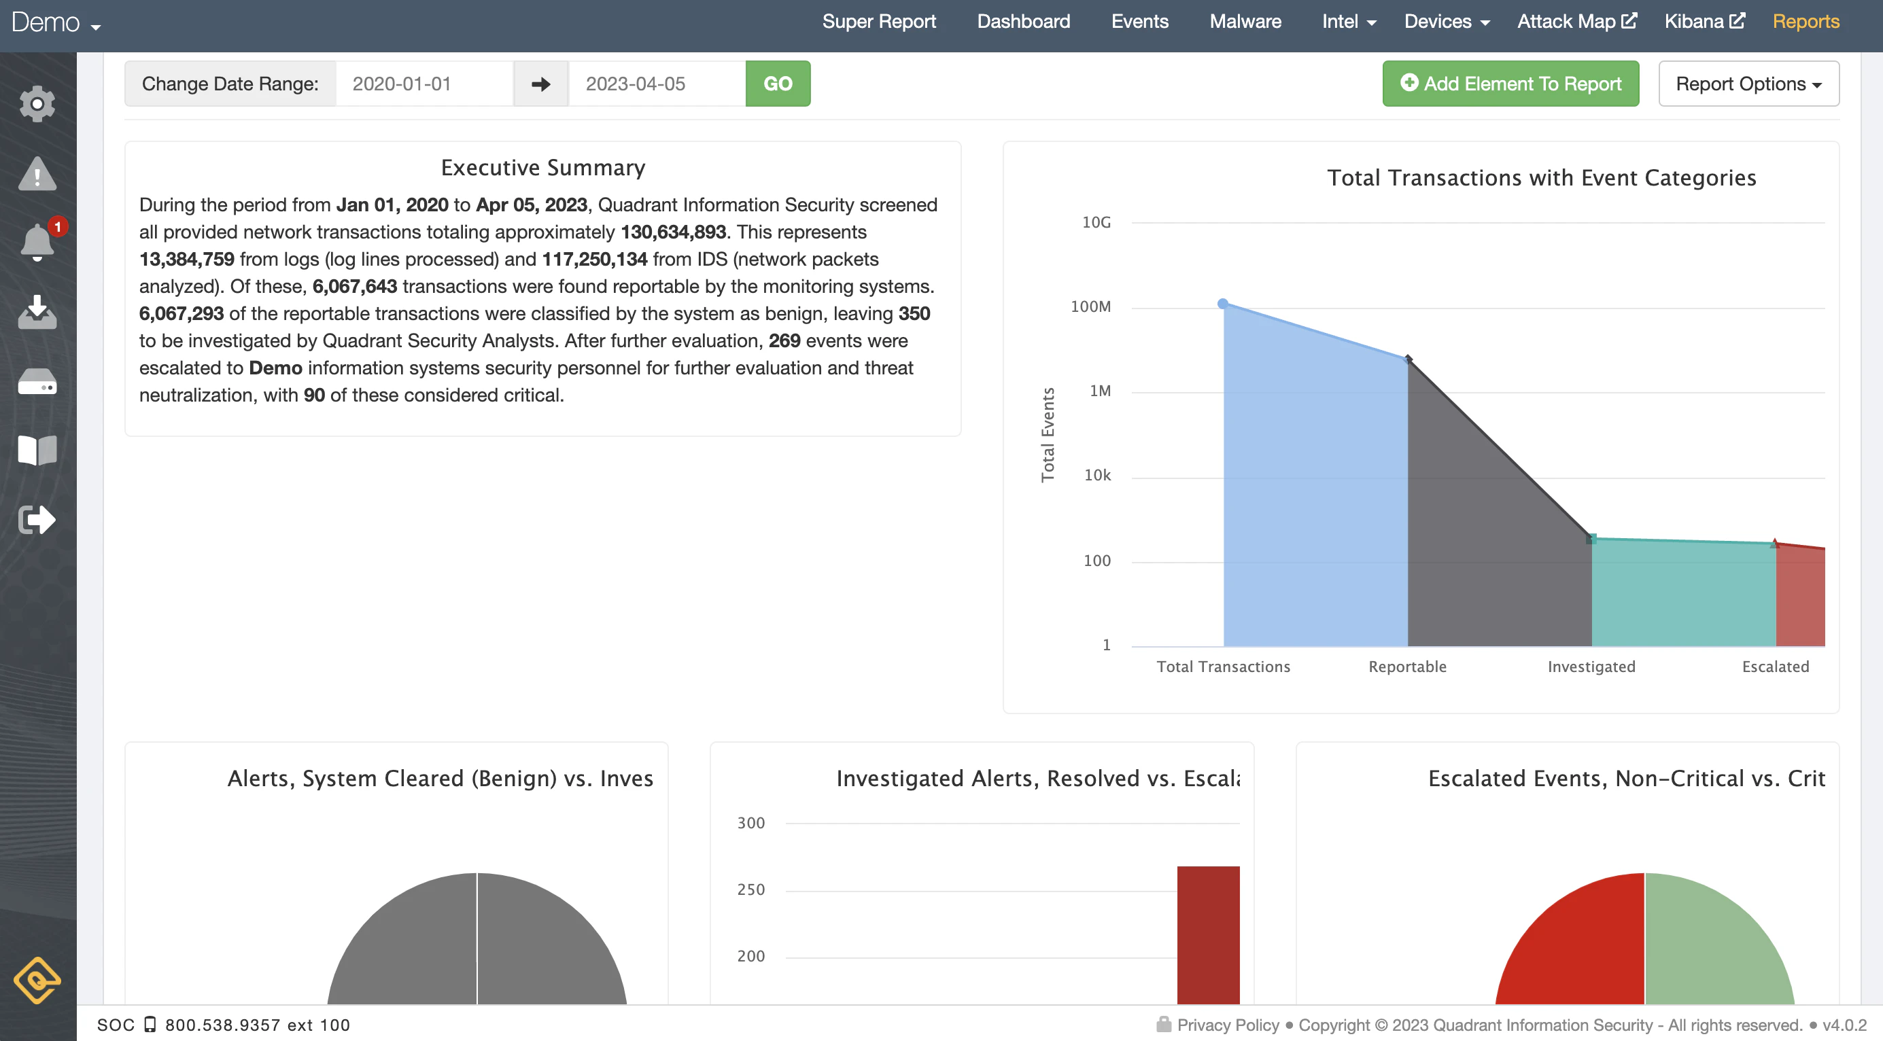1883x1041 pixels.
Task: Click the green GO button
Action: click(x=778, y=84)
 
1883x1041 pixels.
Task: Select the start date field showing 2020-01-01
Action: click(x=424, y=84)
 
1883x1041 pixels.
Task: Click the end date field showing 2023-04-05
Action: click(x=657, y=84)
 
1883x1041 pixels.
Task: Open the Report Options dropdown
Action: click(x=1748, y=84)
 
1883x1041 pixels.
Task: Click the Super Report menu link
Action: click(x=879, y=22)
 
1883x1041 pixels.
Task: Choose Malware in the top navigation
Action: click(x=1245, y=22)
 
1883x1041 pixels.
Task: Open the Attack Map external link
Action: click(x=1576, y=22)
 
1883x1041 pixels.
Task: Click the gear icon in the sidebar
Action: click(x=37, y=105)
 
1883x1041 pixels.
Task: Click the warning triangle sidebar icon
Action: click(x=37, y=174)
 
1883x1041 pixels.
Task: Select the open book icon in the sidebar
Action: click(x=37, y=450)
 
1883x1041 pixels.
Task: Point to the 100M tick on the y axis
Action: click(x=1090, y=307)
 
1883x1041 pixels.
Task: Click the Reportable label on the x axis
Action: click(x=1407, y=666)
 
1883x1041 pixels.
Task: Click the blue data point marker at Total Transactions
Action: click(x=1222, y=303)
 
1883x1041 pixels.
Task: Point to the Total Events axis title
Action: click(x=1048, y=435)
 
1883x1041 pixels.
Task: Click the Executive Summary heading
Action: click(x=543, y=168)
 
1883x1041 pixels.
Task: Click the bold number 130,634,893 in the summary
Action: click(x=672, y=232)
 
